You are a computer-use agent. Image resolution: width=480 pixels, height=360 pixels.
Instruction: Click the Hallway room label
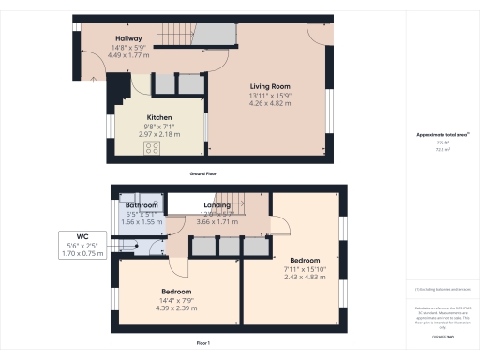point(102,38)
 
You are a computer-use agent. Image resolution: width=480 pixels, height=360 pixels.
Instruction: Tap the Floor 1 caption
point(202,344)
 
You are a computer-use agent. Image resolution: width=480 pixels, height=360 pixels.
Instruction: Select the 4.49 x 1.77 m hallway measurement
point(102,55)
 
